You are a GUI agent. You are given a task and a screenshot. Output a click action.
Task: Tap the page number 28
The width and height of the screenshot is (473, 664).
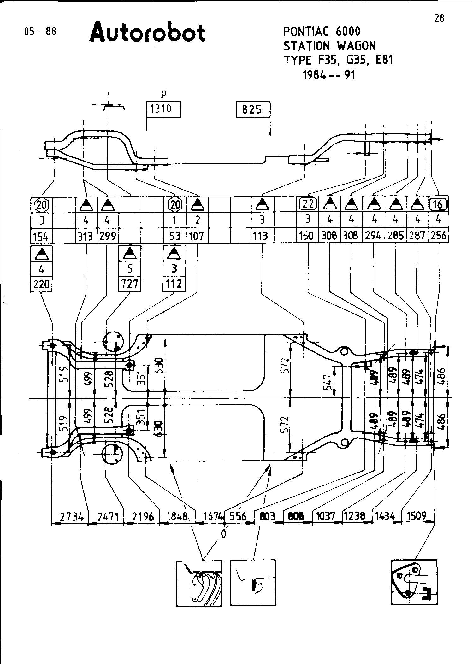point(439,19)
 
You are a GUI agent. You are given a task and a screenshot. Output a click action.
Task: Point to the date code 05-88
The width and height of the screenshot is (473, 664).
point(40,32)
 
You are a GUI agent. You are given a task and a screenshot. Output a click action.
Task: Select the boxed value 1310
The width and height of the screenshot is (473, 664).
point(164,109)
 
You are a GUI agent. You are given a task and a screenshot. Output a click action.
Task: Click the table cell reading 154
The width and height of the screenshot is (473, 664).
point(41,236)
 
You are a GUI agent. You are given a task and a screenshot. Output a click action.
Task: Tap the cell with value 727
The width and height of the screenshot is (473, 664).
point(130,284)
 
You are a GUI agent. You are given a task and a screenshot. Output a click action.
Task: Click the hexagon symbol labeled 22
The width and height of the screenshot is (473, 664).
point(308,204)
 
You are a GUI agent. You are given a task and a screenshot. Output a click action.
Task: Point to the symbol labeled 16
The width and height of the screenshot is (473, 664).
point(438,204)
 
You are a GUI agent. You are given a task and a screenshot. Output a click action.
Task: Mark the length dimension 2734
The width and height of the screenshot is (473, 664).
point(72,517)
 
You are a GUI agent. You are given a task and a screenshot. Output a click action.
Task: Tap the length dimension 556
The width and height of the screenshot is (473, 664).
point(238,516)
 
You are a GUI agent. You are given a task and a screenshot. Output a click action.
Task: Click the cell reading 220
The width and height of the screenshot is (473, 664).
point(41,284)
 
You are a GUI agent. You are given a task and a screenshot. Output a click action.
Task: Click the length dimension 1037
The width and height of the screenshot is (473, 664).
point(325,516)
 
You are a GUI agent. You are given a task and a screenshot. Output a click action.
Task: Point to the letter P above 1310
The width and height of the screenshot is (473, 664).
point(163,95)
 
